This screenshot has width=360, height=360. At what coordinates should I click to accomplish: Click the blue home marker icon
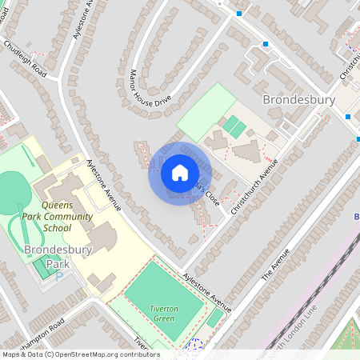[180, 172]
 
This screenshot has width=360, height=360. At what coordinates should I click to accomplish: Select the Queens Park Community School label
[68, 205]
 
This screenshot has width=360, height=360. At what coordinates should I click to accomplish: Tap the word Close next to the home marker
[211, 195]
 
